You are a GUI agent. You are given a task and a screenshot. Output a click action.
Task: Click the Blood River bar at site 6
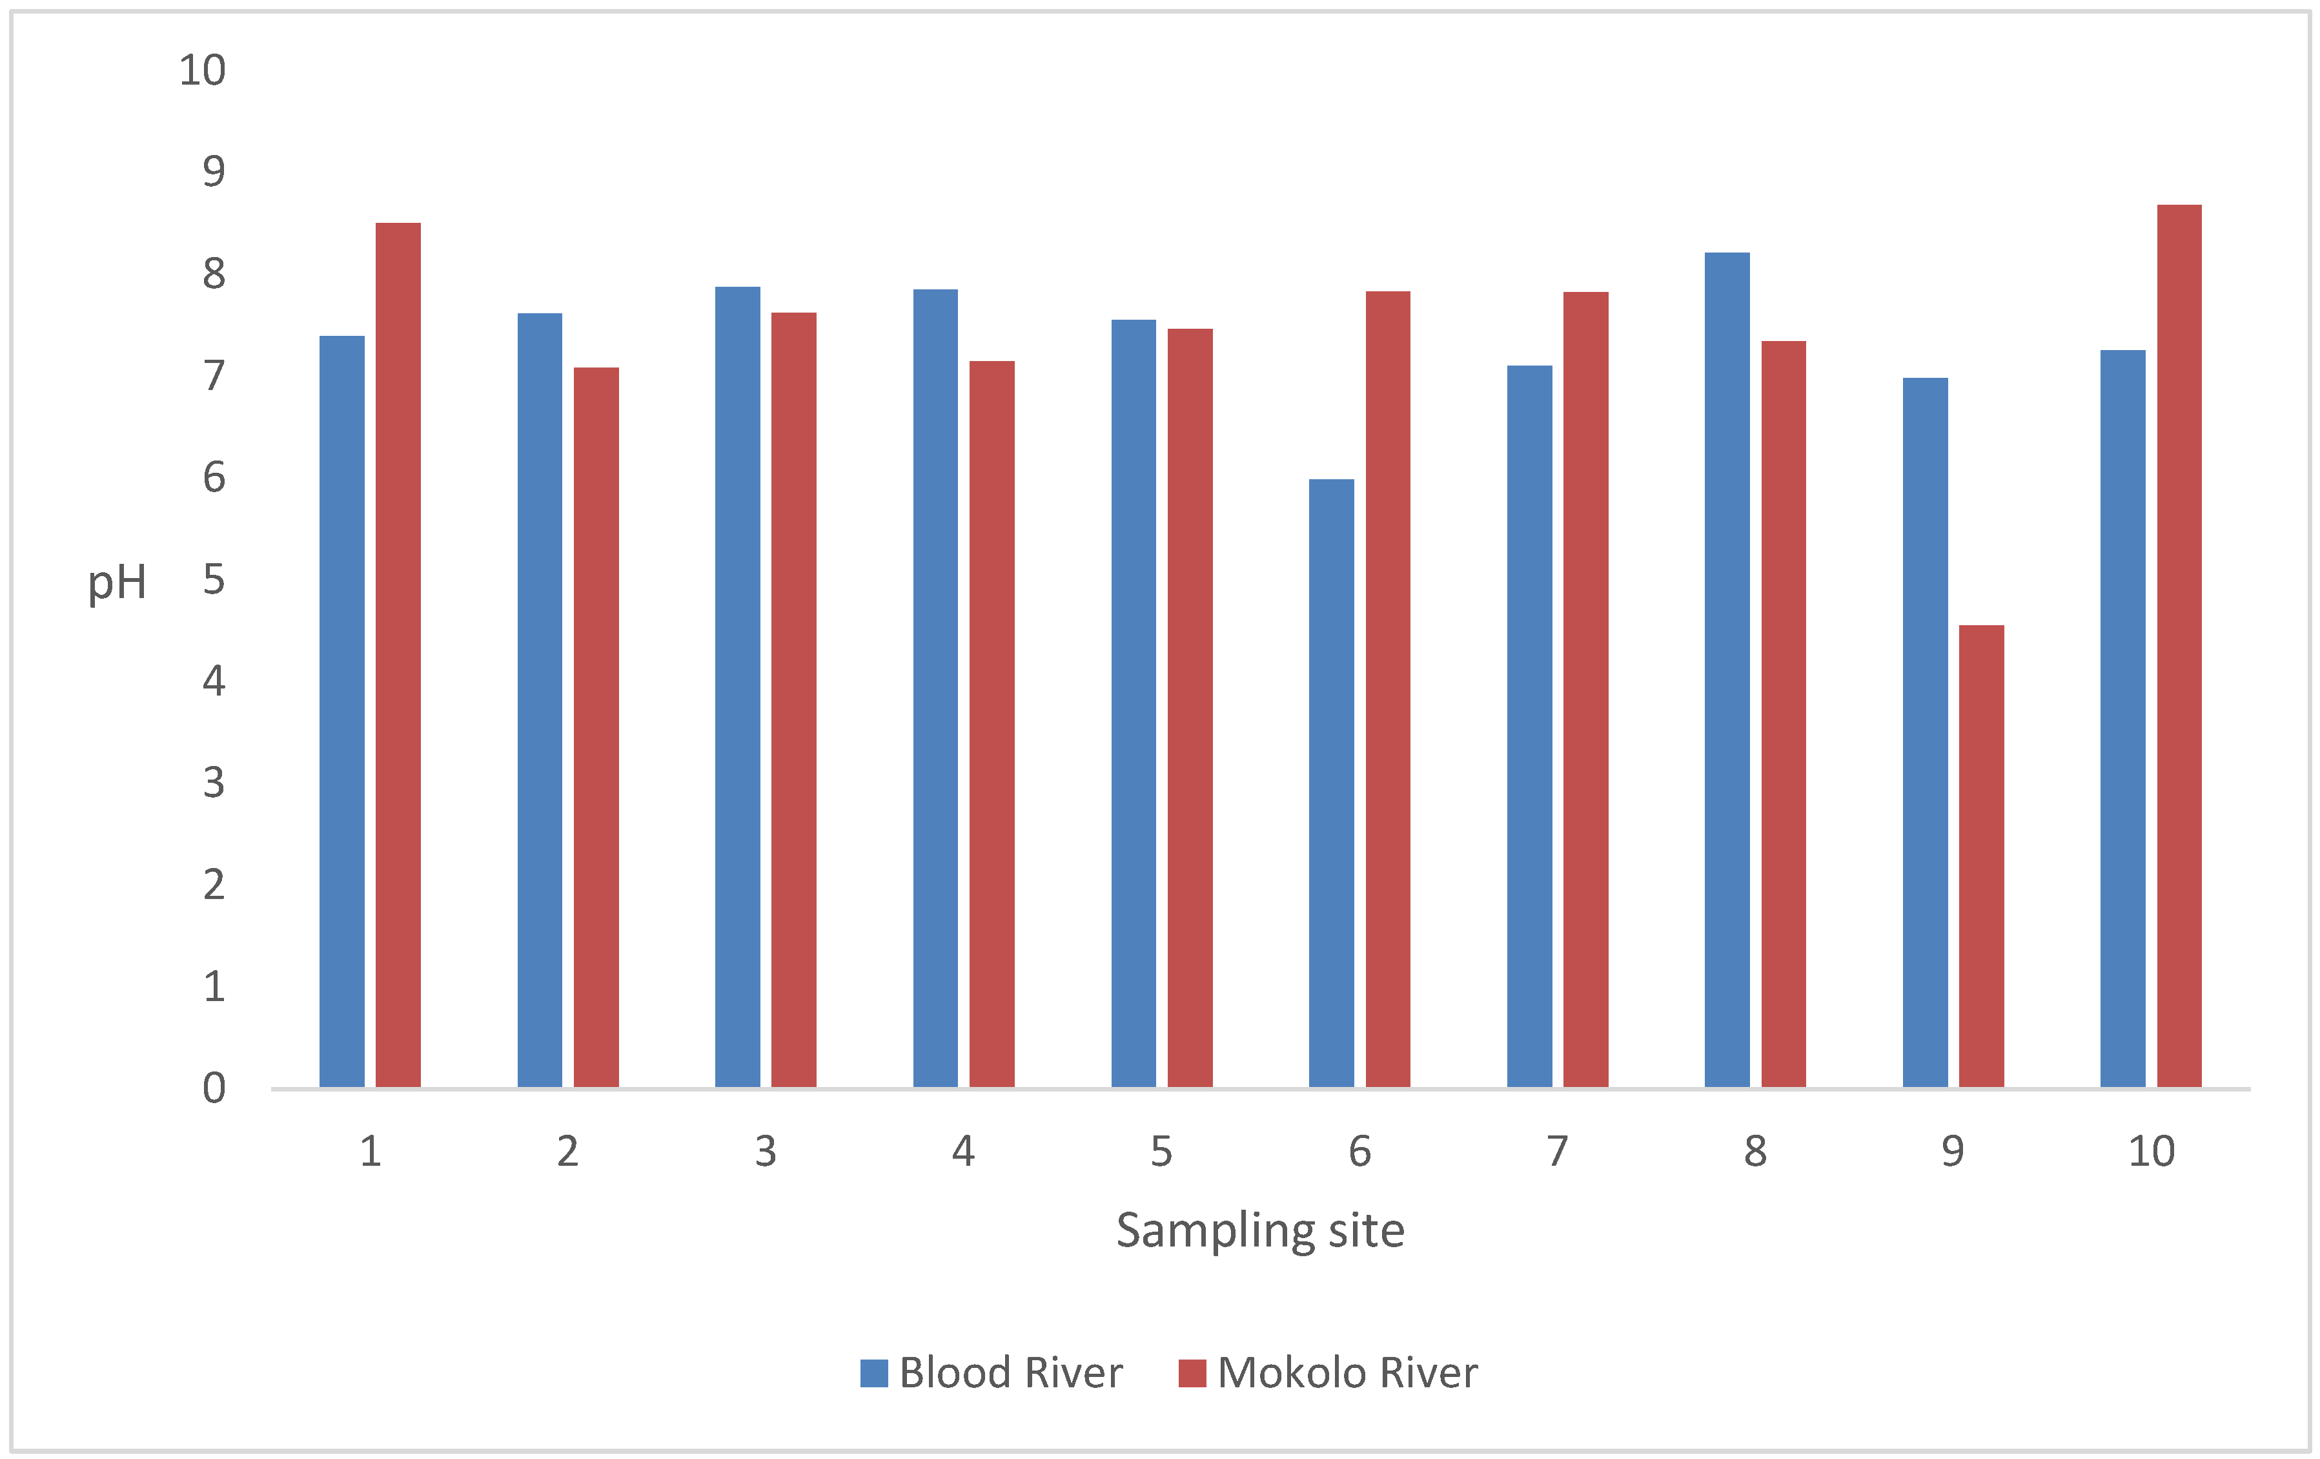1332,783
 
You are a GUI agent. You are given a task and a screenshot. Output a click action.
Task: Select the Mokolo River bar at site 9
1982,856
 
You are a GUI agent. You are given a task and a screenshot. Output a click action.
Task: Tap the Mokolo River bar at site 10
2179,646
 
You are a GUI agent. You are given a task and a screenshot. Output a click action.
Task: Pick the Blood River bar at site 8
1727,670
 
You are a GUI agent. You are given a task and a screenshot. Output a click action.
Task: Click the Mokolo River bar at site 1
398,656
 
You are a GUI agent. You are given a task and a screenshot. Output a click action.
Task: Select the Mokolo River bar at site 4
992,724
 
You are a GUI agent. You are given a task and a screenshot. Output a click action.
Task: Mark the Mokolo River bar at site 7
1586,689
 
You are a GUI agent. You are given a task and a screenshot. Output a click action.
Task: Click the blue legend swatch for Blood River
874,1373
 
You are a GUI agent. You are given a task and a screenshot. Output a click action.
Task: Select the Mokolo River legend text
1347,1373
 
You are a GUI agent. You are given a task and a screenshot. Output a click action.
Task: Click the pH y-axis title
117,582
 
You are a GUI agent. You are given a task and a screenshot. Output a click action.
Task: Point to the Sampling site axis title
1260,1230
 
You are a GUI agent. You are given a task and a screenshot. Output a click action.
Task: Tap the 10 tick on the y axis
202,70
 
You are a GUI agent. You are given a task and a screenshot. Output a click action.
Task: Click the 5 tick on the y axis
214,579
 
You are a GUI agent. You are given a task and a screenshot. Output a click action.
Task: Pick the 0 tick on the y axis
214,1088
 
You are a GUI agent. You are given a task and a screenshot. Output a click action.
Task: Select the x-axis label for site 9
1953,1151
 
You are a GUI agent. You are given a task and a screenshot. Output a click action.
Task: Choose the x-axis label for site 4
964,1151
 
